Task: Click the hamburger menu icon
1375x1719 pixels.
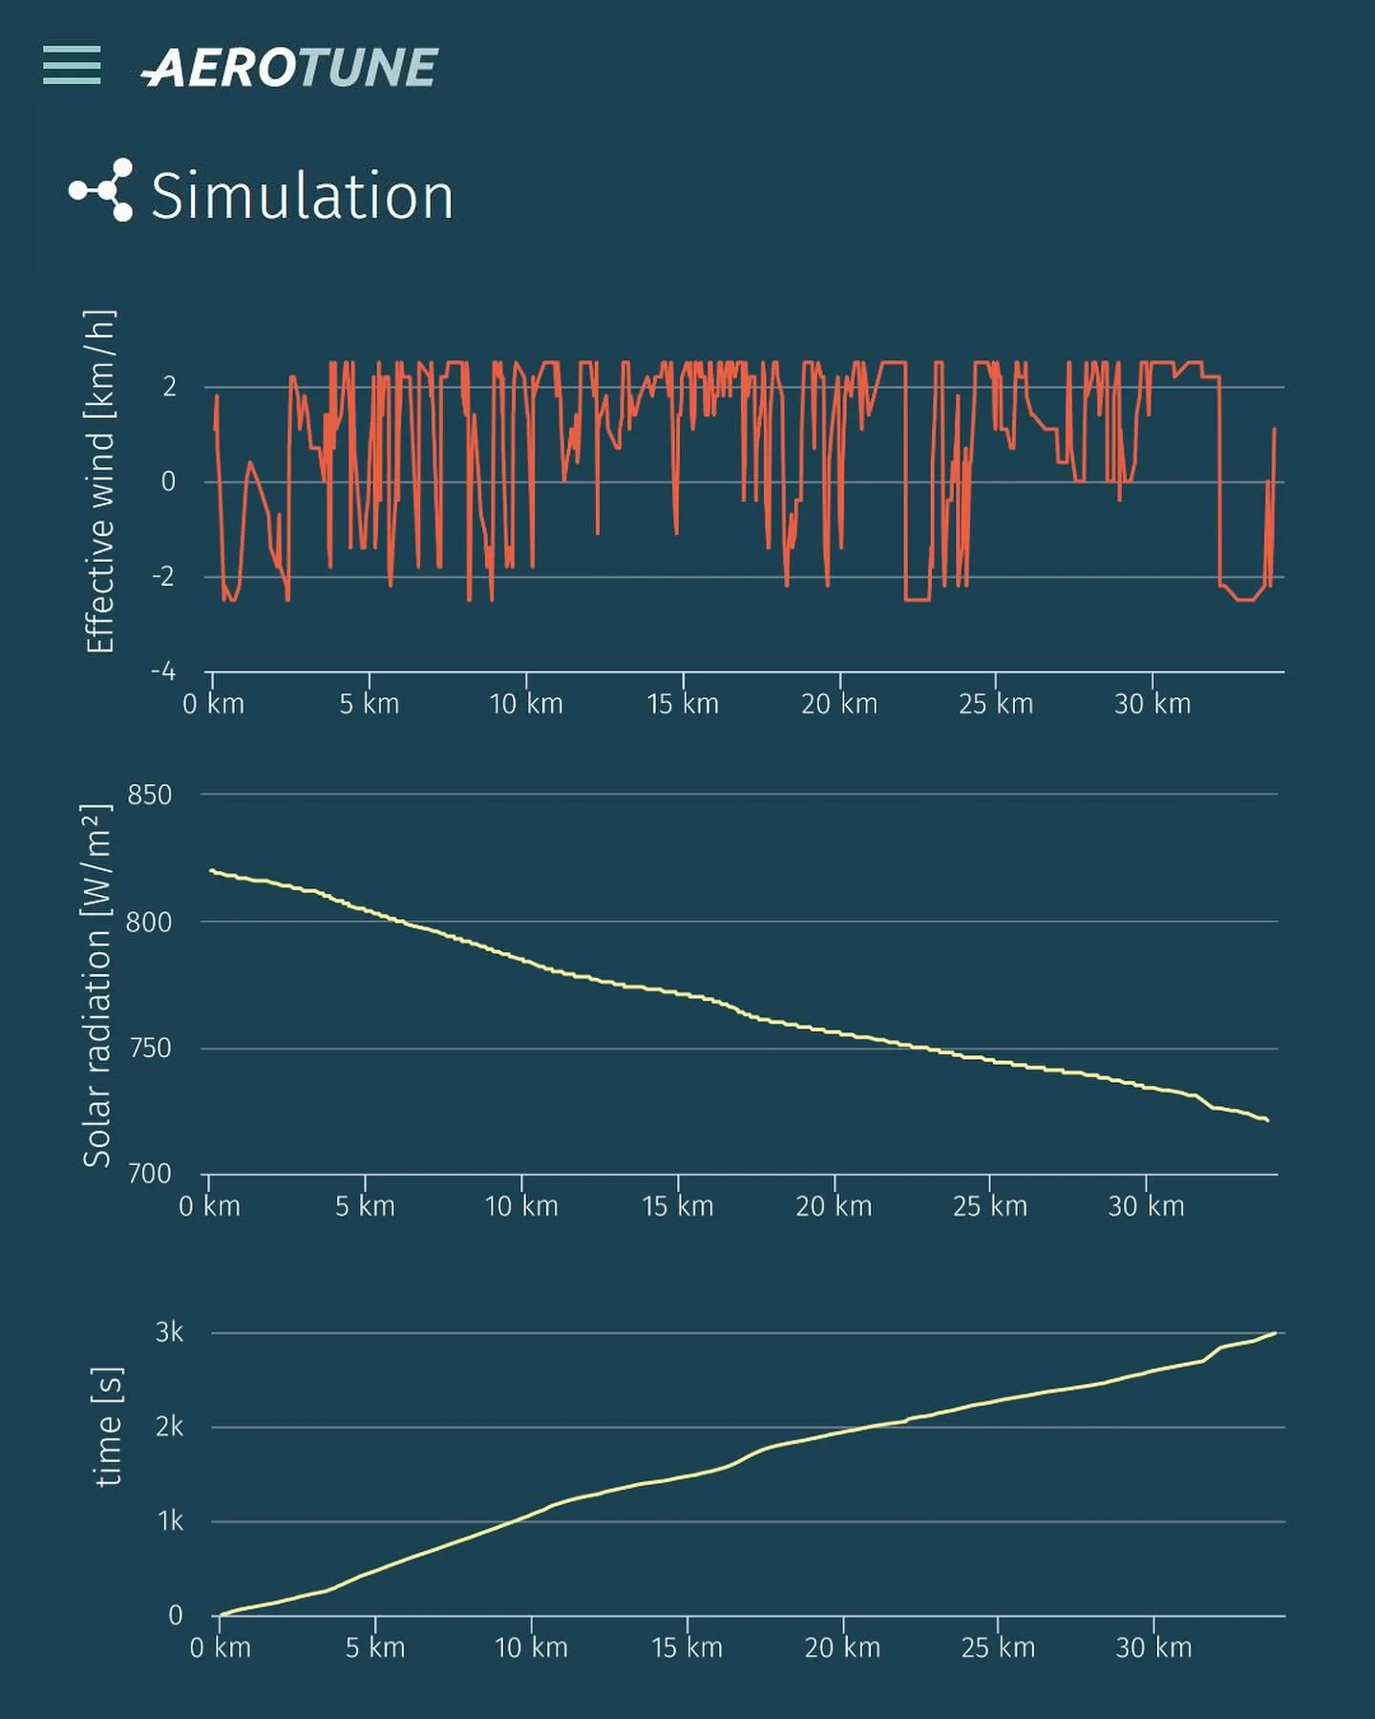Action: [x=72, y=65]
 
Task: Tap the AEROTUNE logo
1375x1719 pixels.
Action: [x=289, y=68]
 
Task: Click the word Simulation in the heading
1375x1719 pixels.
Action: [x=302, y=197]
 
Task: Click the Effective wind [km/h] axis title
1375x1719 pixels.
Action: [x=99, y=481]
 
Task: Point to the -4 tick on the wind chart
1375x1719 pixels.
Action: [x=163, y=671]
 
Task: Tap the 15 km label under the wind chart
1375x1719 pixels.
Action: [x=682, y=704]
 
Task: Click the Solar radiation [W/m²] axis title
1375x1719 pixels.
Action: [x=97, y=985]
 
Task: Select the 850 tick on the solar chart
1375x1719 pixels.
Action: [x=150, y=795]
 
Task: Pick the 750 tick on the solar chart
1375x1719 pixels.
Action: [x=150, y=1049]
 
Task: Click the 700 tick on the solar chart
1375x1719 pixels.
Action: [x=150, y=1174]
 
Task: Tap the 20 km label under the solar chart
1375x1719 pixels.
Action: [x=834, y=1206]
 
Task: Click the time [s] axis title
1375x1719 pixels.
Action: [x=109, y=1427]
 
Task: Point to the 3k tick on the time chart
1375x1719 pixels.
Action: [x=169, y=1332]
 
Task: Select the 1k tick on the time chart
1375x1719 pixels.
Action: [x=170, y=1520]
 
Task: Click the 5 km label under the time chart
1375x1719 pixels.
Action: [x=375, y=1647]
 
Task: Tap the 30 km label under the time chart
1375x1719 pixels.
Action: [x=1153, y=1647]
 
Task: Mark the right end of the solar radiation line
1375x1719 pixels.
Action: [x=1267, y=1120]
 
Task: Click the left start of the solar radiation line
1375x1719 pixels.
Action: [x=211, y=870]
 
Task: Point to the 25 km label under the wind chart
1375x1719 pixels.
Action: [x=996, y=704]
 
